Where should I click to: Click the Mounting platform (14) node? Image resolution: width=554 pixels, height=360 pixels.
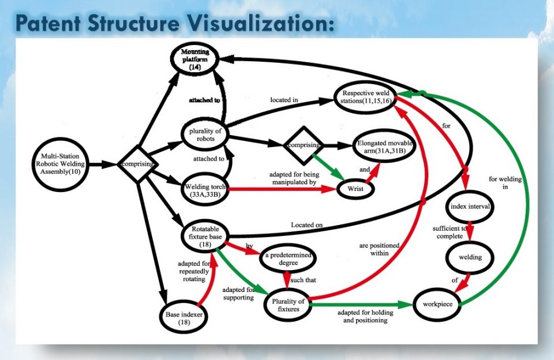[194, 59]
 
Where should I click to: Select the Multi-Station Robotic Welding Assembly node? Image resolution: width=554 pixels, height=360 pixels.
[60, 164]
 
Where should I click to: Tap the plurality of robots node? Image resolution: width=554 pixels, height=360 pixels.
[205, 134]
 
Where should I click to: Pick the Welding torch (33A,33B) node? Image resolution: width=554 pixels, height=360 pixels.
[205, 190]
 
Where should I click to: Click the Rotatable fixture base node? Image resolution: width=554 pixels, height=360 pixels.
[205, 237]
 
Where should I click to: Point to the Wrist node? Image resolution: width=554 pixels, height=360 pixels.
[355, 189]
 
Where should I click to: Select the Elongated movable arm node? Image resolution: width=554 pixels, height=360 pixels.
[384, 147]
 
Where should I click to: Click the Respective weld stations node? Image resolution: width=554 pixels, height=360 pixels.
[366, 97]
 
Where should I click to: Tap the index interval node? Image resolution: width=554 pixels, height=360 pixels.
[470, 207]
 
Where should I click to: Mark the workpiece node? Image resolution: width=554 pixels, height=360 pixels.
[437, 304]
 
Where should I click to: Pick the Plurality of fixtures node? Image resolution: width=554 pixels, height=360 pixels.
[288, 305]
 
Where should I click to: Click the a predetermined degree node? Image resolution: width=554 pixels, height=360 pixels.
[287, 258]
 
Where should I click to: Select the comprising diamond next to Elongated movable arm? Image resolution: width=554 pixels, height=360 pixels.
[304, 145]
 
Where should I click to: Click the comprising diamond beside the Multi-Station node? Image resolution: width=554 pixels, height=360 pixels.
[137, 164]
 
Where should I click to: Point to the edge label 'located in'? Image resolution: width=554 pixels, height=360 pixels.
[284, 100]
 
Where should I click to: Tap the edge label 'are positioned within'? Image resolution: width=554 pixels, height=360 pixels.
[379, 249]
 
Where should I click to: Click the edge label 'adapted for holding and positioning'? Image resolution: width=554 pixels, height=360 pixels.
[365, 317]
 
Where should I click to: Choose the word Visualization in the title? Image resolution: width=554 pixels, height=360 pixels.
[260, 23]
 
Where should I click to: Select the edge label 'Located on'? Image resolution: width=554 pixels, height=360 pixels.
[306, 224]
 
